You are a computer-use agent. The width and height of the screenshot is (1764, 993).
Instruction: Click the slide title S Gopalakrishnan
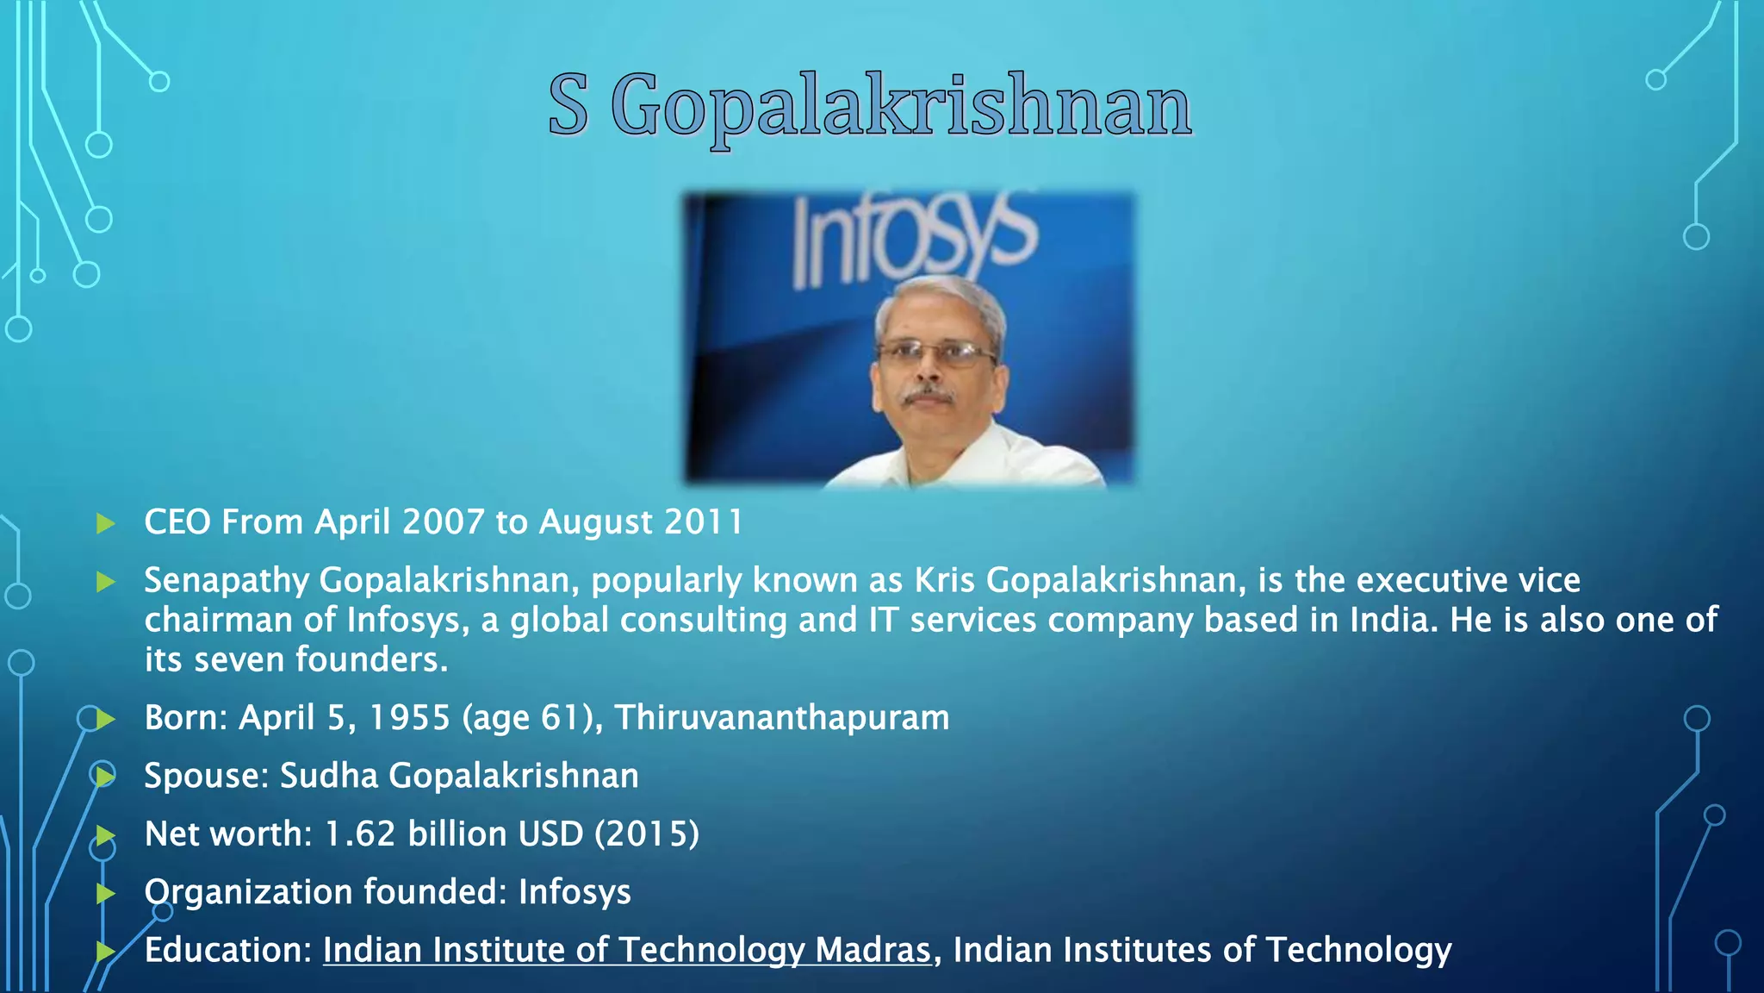[870, 106]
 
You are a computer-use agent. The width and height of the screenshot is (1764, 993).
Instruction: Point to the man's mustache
[929, 396]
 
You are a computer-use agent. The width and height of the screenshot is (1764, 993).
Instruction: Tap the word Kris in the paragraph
[944, 581]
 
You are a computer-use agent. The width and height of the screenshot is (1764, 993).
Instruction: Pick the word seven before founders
[239, 660]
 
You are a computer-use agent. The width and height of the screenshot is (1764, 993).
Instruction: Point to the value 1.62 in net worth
[360, 834]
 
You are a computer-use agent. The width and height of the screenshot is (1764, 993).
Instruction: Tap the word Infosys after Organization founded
[575, 892]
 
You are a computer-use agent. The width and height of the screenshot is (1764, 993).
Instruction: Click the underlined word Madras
[873, 950]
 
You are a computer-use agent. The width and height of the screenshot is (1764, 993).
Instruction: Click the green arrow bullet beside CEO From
[106, 523]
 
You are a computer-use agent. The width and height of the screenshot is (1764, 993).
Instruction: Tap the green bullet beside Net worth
[106, 834]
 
